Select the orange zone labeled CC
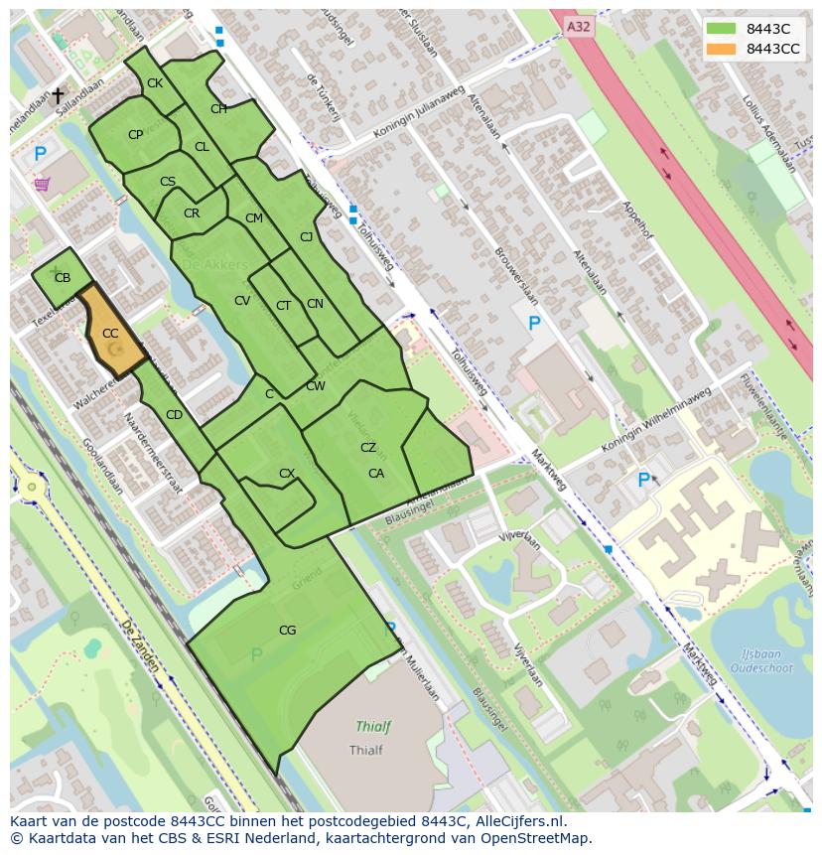[111, 334]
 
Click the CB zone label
[63, 278]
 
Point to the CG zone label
[287, 631]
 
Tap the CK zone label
[155, 83]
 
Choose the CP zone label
[136, 135]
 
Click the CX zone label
[287, 474]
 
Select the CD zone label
[174, 415]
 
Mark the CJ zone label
[307, 236]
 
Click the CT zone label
[284, 306]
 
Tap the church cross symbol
[58, 95]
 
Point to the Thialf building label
[366, 751]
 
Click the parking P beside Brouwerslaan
[534, 323]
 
